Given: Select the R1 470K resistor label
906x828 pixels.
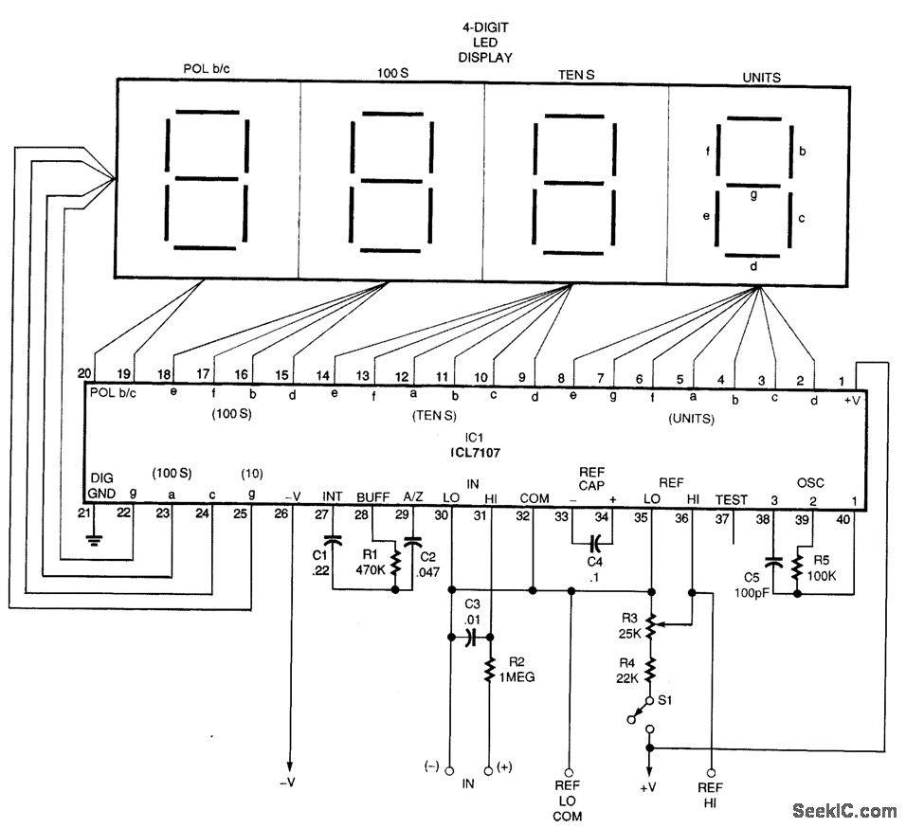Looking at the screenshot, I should (368, 564).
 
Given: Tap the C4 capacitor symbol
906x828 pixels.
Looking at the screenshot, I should (594, 544).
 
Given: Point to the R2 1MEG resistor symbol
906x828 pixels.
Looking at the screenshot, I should (489, 671).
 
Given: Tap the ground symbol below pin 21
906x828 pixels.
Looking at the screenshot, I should (92, 540).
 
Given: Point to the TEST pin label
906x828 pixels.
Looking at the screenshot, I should (731, 499).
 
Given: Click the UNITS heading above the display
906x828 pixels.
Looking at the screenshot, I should (762, 77).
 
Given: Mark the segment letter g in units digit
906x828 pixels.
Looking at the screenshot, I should (753, 194).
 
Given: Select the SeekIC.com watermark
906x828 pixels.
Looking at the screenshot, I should (843, 810).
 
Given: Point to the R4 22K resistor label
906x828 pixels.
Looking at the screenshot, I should (626, 672).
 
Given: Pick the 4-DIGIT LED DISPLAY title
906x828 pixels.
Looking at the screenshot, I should (480, 43).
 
